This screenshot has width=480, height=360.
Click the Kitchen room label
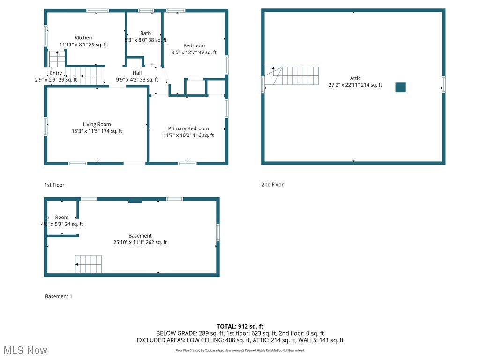click(x=83, y=38)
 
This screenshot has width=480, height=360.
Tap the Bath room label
click(x=145, y=33)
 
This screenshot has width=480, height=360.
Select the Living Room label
click(x=97, y=124)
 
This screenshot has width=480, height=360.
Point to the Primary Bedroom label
click(x=188, y=128)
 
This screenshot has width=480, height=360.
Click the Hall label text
click(x=137, y=73)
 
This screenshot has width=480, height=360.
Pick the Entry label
click(x=56, y=73)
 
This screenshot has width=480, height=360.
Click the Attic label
click(x=355, y=78)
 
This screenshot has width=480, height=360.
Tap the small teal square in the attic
click(x=400, y=87)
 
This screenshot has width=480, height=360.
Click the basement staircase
click(x=88, y=264)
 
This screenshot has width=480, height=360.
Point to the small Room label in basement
click(x=61, y=217)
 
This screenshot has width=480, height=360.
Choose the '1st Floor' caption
click(x=54, y=185)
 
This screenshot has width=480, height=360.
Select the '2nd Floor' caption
click(x=272, y=184)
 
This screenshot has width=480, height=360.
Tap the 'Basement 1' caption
click(x=59, y=296)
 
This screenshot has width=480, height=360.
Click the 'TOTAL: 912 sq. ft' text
click(x=240, y=326)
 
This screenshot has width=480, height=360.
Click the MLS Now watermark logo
click(x=25, y=350)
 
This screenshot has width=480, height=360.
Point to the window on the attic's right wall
click(x=443, y=85)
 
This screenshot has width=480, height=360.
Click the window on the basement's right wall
click(x=217, y=232)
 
